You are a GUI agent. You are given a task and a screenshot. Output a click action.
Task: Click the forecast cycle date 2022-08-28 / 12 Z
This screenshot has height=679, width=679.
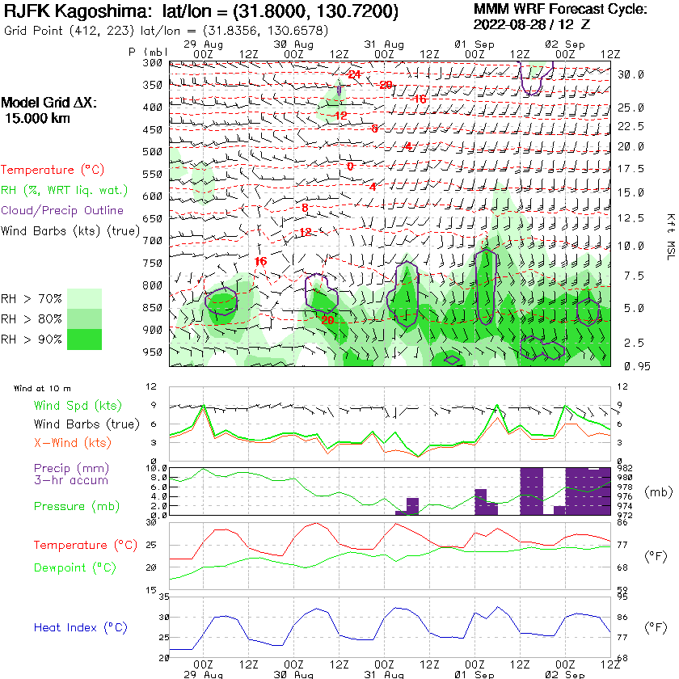(531, 24)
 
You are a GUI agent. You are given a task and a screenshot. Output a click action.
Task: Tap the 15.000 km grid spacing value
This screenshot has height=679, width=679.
(37, 118)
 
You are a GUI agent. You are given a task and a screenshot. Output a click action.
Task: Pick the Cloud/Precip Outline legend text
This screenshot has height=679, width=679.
(62, 211)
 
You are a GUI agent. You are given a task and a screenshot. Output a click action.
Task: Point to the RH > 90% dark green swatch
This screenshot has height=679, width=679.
(85, 339)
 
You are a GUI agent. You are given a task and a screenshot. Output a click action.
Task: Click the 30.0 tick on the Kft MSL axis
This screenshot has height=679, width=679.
(630, 74)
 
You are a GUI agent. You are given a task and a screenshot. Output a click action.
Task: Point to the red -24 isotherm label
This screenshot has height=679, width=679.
(353, 74)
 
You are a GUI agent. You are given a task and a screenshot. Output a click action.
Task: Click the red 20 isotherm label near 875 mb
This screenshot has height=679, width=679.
(327, 320)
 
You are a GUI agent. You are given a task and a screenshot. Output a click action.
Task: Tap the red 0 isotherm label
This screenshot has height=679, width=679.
(350, 167)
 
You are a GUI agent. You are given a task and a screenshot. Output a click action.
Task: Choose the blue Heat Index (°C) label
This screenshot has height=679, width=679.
(80, 627)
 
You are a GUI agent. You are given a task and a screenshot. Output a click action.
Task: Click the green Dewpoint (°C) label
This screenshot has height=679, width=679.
(74, 567)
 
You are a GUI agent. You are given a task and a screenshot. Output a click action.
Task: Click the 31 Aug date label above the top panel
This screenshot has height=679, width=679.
(383, 42)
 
